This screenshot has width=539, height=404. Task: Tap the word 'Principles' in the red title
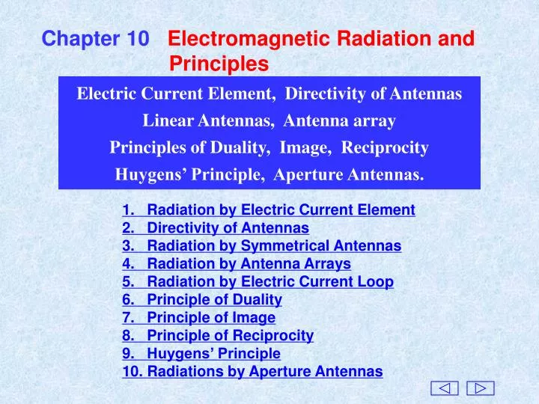pyautogui.click(x=219, y=65)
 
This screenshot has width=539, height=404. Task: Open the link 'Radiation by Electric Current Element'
pyautogui.click(x=281, y=210)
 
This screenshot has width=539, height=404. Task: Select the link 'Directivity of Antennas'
pyautogui.click(x=228, y=228)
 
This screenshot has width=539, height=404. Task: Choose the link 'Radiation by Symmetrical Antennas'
pyautogui.click(x=274, y=246)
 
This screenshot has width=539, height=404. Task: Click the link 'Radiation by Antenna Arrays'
pyautogui.click(x=249, y=264)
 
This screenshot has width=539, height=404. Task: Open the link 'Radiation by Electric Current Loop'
pyautogui.click(x=270, y=282)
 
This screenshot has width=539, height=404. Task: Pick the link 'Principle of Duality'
pyautogui.click(x=214, y=300)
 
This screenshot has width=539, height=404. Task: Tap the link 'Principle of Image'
pyautogui.click(x=211, y=318)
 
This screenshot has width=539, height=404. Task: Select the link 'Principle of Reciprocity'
pyautogui.click(x=230, y=336)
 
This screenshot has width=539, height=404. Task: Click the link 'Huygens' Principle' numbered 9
pyautogui.click(x=213, y=354)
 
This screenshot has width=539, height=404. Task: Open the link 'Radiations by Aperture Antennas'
pyautogui.click(x=265, y=372)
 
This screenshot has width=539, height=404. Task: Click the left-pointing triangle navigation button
pyautogui.click(x=445, y=388)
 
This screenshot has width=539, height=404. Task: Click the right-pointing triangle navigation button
pyautogui.click(x=480, y=388)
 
